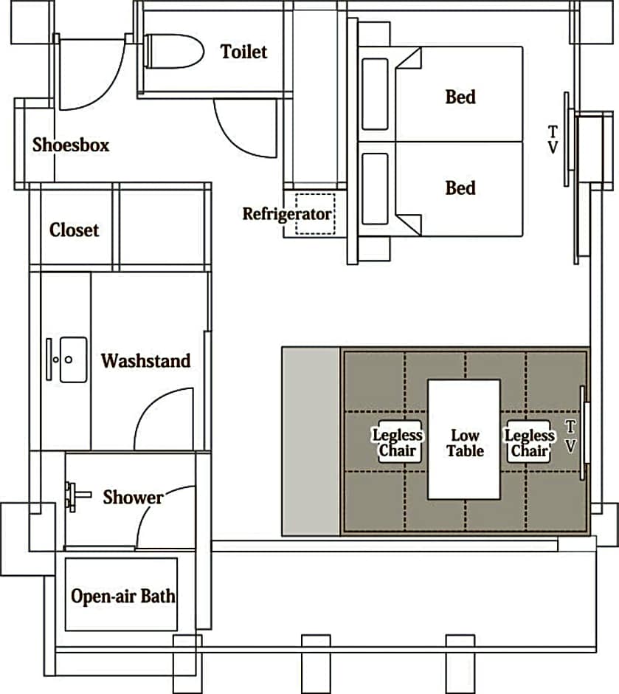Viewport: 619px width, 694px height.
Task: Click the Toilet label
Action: pos(243,52)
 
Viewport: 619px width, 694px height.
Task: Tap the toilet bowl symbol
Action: pos(174,51)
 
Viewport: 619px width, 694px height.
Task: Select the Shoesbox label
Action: pos(71,145)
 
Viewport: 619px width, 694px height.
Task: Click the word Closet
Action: pos(75,230)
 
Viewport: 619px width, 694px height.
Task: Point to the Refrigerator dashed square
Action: pos(315,214)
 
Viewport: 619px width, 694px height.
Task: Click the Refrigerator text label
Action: pos(287,214)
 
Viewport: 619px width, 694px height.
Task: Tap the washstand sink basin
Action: pos(73,360)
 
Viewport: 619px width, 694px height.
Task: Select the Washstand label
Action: pos(146,361)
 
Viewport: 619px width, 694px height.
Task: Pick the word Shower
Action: pos(133,498)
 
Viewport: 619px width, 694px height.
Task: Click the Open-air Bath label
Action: pos(123,597)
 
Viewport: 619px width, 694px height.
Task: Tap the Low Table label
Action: pos(465,443)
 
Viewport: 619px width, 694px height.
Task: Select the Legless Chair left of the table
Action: pos(398,442)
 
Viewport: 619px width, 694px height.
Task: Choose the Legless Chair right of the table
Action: pos(529,442)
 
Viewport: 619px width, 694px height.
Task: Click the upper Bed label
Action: pos(460,97)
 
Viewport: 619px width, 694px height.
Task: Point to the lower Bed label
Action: pos(460,188)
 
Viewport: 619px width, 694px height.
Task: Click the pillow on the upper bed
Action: pos(375,95)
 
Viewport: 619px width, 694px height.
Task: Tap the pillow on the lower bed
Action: pos(375,189)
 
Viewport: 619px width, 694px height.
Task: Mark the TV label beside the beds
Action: pos(553,140)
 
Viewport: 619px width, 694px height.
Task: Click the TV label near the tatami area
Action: pos(571,437)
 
